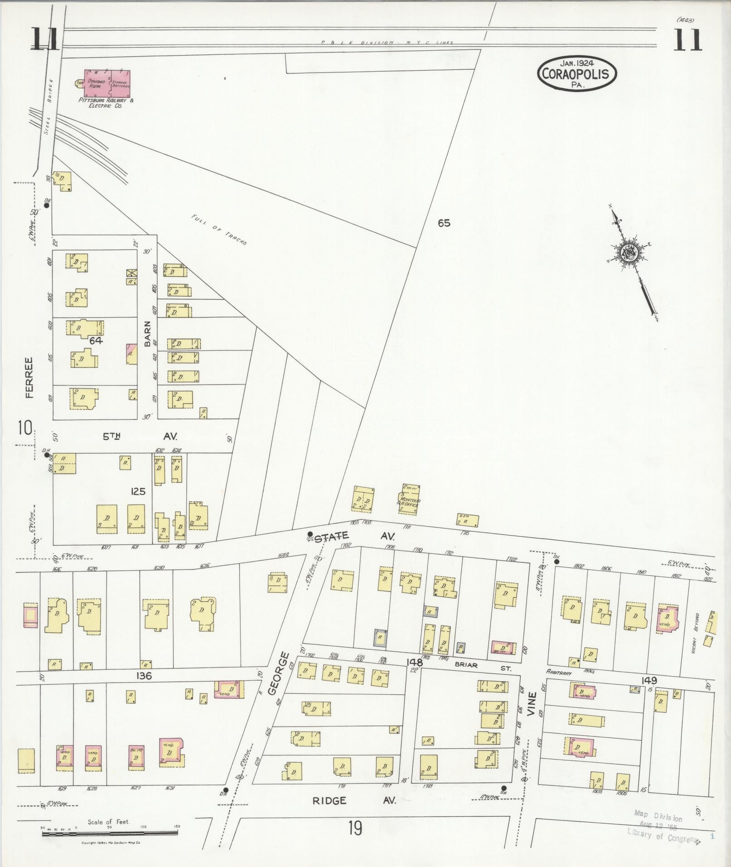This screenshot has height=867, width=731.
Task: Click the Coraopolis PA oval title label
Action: pos(577,73)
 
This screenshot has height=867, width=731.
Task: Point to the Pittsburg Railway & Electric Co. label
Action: pos(106,103)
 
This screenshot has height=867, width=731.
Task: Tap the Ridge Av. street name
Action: pos(354,800)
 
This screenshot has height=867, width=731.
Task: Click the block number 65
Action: pos(444,223)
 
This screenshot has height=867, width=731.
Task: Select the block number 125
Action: pos(137,491)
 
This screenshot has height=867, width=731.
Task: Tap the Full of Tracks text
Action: pos(219,229)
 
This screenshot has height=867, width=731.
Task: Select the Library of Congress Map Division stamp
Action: pos(663,827)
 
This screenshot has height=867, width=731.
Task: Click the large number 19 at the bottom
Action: pos(355,829)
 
